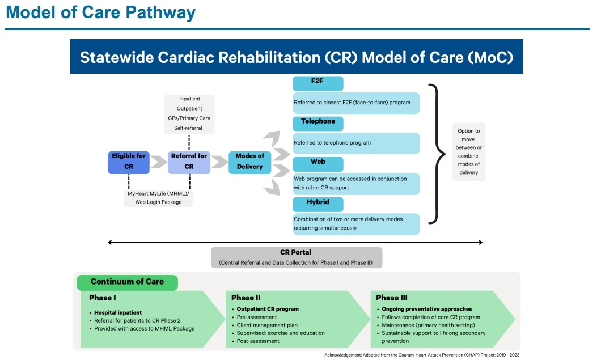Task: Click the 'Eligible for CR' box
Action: (129, 162)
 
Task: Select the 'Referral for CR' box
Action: (189, 162)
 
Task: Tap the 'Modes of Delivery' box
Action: (249, 162)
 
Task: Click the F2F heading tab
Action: (318, 83)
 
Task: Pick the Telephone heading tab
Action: (318, 122)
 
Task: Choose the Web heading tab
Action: (318, 163)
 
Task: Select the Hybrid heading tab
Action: (318, 204)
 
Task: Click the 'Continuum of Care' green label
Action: (127, 282)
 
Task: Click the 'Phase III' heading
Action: (392, 298)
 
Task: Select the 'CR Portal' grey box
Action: (296, 257)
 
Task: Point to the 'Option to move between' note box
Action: (468, 151)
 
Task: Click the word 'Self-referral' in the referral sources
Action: (189, 128)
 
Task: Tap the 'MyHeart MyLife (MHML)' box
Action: (158, 198)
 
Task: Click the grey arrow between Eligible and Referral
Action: (158, 163)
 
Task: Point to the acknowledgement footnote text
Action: (421, 355)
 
